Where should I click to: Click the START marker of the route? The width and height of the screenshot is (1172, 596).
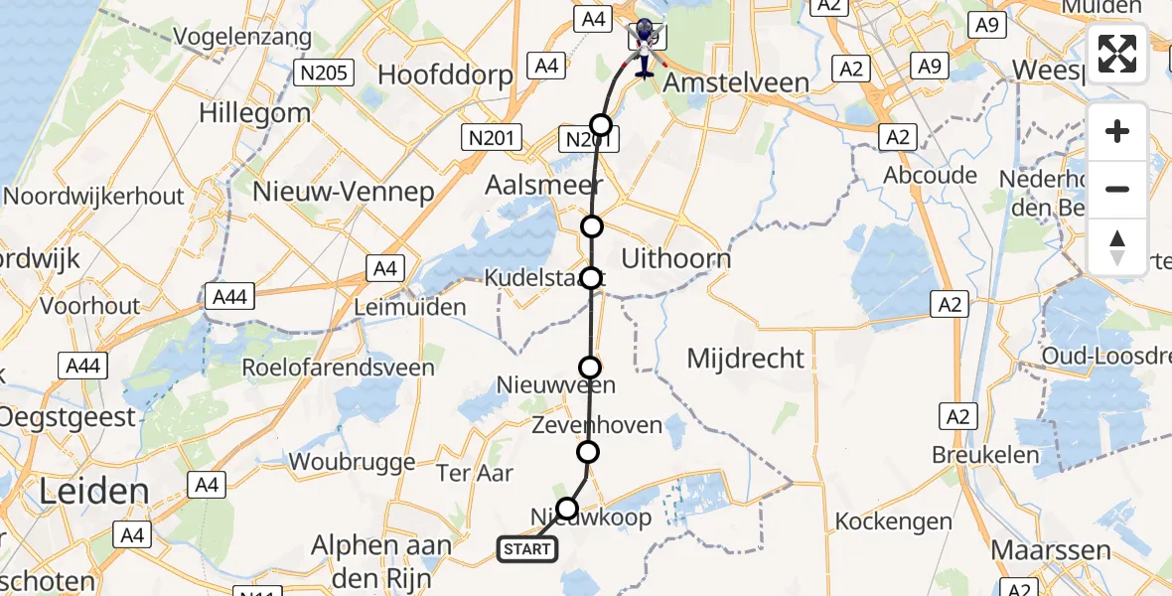(526, 549)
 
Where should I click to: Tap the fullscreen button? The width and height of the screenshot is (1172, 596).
(1117, 54)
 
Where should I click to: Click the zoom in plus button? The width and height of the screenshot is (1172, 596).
(1117, 131)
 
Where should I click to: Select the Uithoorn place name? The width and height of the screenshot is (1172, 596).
(675, 259)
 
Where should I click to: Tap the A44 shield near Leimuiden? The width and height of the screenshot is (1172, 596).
(229, 295)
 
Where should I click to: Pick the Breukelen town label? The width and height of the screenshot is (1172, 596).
(985, 456)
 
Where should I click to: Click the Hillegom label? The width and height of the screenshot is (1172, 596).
(255, 112)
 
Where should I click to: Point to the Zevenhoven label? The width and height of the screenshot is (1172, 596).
(596, 425)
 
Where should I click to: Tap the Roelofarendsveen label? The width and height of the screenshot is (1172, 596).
(338, 368)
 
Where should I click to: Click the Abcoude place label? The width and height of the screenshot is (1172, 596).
(931, 175)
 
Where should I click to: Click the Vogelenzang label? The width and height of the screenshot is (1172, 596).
(242, 38)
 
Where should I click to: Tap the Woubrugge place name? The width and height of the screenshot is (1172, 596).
(352, 462)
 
